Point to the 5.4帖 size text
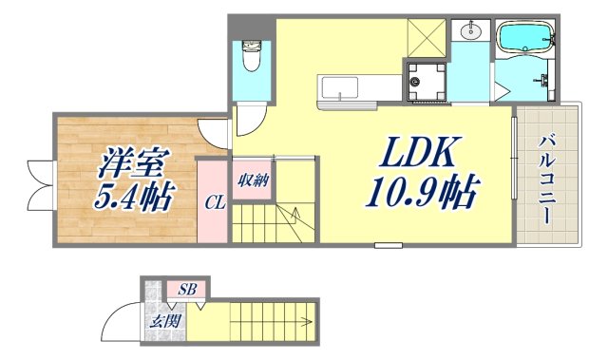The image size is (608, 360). click(x=128, y=198)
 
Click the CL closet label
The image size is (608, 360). click(x=214, y=202)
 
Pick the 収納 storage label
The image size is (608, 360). click(x=252, y=180)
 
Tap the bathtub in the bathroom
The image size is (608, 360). click(x=524, y=39)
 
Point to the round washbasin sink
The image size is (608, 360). click(x=469, y=31)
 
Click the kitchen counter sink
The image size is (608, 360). click(x=339, y=88)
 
